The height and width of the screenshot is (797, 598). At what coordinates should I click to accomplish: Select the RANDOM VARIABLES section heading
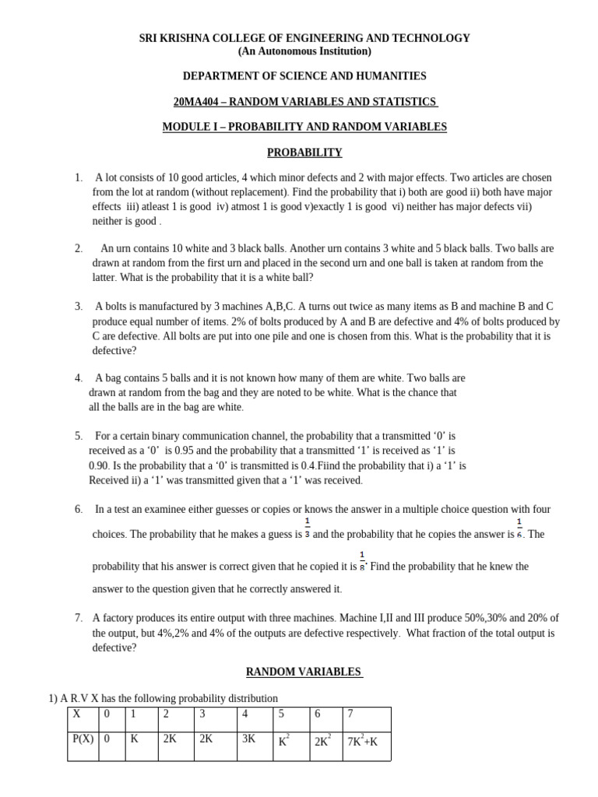pos(304,671)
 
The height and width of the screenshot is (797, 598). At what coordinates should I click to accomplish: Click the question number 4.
pos(79,378)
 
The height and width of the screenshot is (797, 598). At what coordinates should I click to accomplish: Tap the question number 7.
pos(79,618)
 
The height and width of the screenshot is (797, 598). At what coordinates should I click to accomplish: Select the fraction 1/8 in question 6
pos(362,560)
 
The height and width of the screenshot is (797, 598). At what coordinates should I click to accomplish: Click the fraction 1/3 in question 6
pos(308,528)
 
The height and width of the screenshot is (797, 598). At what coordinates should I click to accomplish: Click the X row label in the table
pos(76,714)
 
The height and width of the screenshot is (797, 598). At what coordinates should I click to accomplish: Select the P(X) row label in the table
pos(83,739)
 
